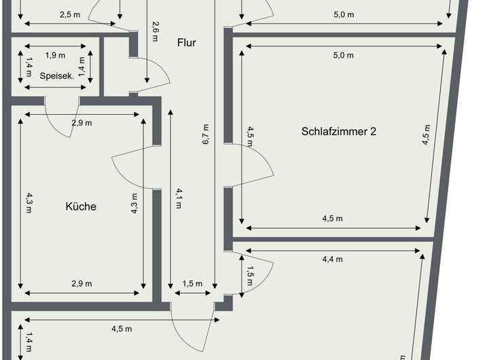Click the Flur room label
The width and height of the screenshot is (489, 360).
(x=186, y=43)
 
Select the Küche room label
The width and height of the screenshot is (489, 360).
(x=81, y=206)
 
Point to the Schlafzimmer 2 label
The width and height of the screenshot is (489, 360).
(x=338, y=131)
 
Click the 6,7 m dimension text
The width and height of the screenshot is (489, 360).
(x=205, y=135)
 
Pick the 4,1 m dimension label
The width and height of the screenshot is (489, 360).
(x=179, y=198)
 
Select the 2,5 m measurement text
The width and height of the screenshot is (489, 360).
(x=69, y=14)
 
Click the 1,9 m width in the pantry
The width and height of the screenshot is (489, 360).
(x=56, y=55)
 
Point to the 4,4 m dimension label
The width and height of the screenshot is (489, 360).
(x=332, y=259)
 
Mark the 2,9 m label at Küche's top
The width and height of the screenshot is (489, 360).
(x=81, y=123)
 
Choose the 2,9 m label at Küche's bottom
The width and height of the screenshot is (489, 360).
(x=81, y=283)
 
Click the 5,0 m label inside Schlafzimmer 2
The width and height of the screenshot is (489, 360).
(x=343, y=55)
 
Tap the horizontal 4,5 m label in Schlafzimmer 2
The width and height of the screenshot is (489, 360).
(x=332, y=218)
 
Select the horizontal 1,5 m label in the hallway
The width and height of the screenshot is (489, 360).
(x=193, y=283)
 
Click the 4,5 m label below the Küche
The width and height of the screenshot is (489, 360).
(x=122, y=329)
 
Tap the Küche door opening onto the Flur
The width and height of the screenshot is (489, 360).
(x=134, y=168)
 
